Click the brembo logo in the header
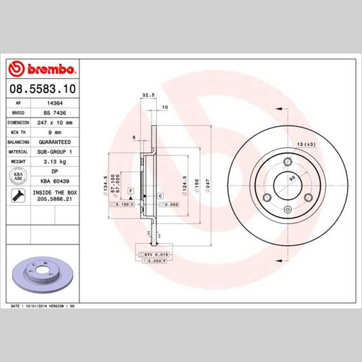pos(42,69)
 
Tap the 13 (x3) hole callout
pos(306,145)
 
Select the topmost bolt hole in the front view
pos(287,161)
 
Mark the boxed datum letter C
pos(160,196)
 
